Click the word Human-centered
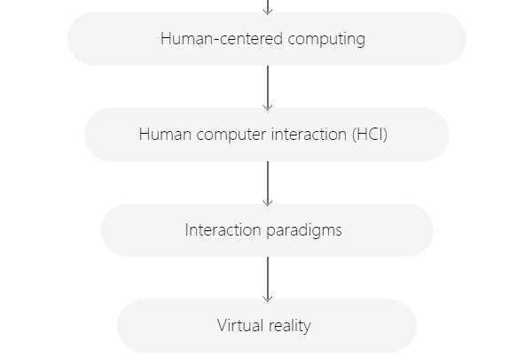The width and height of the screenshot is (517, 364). pyautogui.click(x=222, y=39)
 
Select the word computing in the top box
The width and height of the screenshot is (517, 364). pyautogui.click(x=326, y=40)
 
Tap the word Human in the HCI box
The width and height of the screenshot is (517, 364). pyautogui.click(x=165, y=135)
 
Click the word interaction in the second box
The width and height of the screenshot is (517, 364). pyautogui.click(x=309, y=135)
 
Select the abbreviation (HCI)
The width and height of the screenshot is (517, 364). pyautogui.click(x=370, y=135)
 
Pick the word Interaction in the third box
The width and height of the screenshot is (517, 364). pyautogui.click(x=223, y=230)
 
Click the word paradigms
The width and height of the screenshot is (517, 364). pyautogui.click(x=304, y=230)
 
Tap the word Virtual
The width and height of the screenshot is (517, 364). pyautogui.click(x=240, y=325)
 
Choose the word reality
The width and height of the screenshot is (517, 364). pyautogui.click(x=290, y=326)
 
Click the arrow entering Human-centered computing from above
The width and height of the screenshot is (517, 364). pyautogui.click(x=268, y=7)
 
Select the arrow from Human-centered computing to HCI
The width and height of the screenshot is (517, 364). pyautogui.click(x=268, y=88)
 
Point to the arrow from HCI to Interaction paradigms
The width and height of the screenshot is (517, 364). pyautogui.click(x=268, y=183)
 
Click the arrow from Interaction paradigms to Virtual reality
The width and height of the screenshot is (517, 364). pyautogui.click(x=268, y=279)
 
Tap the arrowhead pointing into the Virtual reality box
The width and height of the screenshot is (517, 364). pyautogui.click(x=268, y=298)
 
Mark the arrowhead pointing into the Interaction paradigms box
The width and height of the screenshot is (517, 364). pyautogui.click(x=268, y=203)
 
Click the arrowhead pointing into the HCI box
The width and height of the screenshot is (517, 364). pyautogui.click(x=268, y=108)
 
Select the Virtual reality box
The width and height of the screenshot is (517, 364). pyautogui.click(x=267, y=326)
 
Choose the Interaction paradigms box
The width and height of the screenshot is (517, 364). pyautogui.click(x=267, y=230)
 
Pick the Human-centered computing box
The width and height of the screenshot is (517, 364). pyautogui.click(x=267, y=39)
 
